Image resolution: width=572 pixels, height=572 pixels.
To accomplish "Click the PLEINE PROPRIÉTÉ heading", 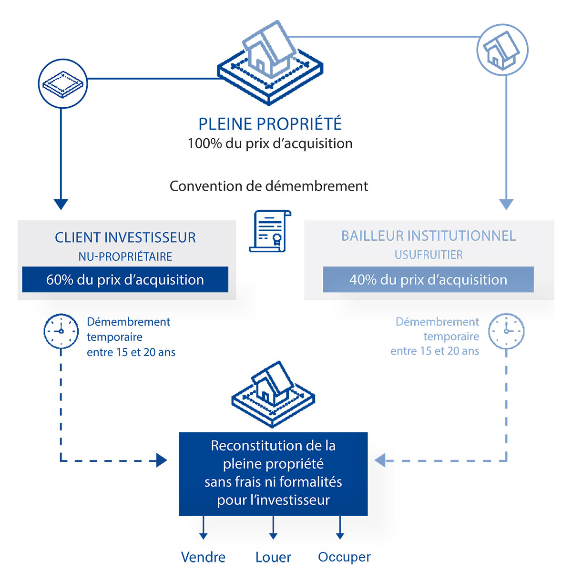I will [x=270, y=124].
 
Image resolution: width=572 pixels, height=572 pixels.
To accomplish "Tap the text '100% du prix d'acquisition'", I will [x=270, y=143].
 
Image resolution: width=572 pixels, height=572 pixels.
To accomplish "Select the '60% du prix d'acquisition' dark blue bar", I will [x=125, y=279].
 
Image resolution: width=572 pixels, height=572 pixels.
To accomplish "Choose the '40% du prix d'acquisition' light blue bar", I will [x=428, y=279].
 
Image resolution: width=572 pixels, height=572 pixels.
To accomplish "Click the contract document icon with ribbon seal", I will [x=270, y=231].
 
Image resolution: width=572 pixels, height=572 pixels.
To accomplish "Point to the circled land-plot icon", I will [x=62, y=84].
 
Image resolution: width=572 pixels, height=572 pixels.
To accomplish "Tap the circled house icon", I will [x=502, y=50].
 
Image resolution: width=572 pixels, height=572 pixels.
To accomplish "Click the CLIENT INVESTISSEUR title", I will [x=125, y=237].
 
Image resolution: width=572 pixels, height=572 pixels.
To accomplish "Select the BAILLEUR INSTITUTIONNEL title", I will [x=429, y=235].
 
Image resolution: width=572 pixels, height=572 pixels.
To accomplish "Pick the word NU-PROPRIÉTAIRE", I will [x=125, y=256].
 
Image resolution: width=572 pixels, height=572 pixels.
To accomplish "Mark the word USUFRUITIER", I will [x=429, y=255].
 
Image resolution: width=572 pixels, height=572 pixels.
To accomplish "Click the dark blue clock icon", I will [x=61, y=331].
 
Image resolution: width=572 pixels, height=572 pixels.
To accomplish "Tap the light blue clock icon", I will [x=506, y=331].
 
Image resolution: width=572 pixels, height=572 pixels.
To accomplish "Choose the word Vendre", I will [x=203, y=557].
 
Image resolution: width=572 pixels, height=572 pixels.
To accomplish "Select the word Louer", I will [x=273, y=557].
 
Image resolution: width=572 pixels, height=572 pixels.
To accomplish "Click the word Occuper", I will [x=344, y=557].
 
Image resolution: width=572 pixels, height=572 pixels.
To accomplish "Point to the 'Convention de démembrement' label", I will [x=269, y=186].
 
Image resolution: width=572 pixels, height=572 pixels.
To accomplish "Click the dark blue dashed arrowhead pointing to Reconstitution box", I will [x=162, y=460].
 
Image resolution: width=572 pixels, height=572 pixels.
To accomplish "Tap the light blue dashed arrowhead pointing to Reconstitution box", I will [x=380, y=460].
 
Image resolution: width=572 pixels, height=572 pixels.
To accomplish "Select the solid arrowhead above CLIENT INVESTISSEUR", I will [x=61, y=204].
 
